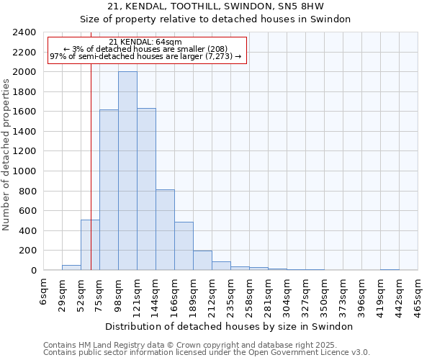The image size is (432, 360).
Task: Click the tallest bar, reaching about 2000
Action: point(127,171)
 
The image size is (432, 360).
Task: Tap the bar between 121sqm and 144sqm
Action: point(146,189)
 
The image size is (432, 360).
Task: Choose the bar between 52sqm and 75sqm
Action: point(90,245)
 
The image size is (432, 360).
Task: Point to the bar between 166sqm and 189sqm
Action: point(184,246)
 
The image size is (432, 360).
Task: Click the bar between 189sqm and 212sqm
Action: point(202,261)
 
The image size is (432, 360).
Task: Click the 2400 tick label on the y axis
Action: point(25,32)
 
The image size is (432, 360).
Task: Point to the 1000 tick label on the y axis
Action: point(25,171)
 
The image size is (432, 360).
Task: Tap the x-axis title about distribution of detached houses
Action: point(234,326)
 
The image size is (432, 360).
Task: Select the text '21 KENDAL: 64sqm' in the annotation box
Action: point(146,42)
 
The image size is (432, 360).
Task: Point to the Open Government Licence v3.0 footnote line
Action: point(207,353)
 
